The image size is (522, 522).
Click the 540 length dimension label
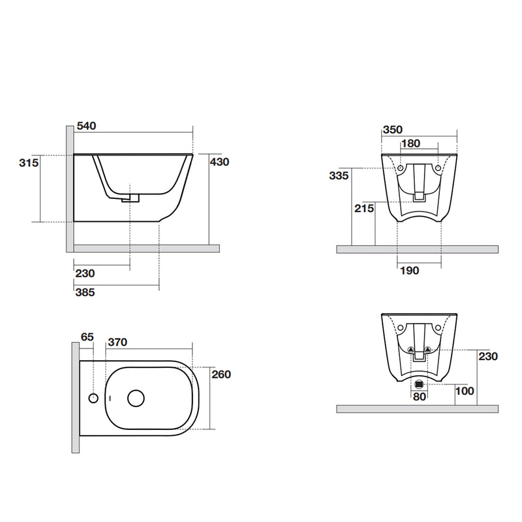tap(87, 126)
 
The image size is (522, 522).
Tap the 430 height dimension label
tap(219, 162)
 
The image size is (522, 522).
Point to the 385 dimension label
tap(85, 293)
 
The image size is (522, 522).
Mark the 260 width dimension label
tap(222, 374)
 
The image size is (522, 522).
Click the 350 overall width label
tap(393, 130)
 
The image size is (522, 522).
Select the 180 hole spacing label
tap(410, 144)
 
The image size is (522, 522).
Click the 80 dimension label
tap(418, 395)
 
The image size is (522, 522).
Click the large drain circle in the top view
tap(136, 397)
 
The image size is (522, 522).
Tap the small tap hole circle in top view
tap(93, 397)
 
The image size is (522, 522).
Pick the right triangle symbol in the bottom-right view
tap(428, 350)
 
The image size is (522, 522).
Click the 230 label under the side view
tap(85, 273)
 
